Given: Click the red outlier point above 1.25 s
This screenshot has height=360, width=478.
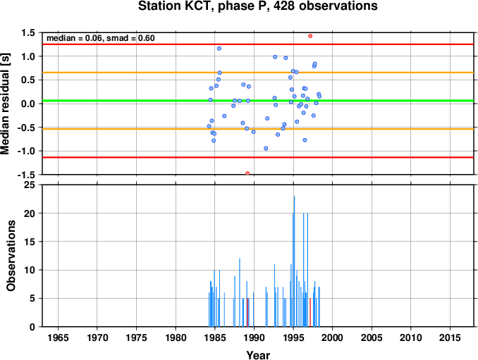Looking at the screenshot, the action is (310, 36).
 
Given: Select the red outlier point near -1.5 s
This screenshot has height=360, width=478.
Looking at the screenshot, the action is (247, 173).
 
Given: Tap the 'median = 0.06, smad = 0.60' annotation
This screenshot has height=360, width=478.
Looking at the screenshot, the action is (101, 38).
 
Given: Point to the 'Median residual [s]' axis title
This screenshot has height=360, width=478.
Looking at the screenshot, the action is (5, 104).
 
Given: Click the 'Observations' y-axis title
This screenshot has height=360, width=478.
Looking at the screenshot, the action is (11, 256).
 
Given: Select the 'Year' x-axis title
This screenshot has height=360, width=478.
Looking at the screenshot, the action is (258, 355).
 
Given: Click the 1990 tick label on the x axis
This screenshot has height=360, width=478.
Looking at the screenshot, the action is (254, 337).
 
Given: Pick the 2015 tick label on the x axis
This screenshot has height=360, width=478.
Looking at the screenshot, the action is (450, 337).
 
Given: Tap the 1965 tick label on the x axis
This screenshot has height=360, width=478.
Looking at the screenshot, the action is (58, 337).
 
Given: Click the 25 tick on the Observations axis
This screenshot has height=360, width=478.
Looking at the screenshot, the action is (30, 185).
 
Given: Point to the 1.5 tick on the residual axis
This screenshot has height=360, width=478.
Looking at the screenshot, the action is (28, 32).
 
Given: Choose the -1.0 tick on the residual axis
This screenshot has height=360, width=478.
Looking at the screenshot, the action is (27, 151).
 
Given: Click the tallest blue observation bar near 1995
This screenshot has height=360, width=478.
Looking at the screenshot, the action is (294, 261).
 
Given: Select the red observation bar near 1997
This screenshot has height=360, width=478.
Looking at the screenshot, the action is (310, 313).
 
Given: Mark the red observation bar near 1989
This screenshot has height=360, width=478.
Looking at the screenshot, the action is (247, 313).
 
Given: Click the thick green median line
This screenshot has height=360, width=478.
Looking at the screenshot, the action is (258, 101).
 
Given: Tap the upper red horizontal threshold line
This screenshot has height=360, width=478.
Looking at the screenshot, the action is (258, 44).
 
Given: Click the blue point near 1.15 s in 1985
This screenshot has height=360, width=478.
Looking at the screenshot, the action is (219, 49).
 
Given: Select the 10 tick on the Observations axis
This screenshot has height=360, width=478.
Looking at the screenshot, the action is (30, 270).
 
